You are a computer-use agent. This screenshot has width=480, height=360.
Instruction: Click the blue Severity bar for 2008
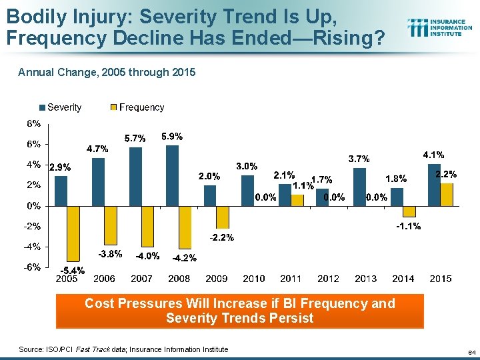[172, 175]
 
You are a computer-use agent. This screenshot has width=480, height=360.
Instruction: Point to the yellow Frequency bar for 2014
[409, 211]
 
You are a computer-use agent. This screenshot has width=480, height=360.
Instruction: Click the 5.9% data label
[172, 137]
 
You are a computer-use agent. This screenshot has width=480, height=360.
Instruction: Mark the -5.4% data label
[73, 271]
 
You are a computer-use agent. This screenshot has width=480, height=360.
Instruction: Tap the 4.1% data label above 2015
[434, 155]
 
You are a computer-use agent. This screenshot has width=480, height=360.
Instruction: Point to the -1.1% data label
[408, 227]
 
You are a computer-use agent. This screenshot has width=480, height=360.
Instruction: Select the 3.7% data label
[359, 159]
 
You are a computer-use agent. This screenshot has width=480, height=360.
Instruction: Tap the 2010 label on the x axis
[254, 279]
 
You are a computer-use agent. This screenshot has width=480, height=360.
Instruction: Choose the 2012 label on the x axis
[329, 279]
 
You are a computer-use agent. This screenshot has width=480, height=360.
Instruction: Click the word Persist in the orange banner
[289, 318]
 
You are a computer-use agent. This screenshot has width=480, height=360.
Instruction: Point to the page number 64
[471, 351]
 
